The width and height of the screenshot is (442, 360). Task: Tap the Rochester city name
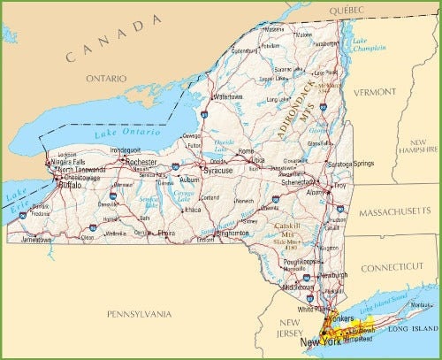point(142,163)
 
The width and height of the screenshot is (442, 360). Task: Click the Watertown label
point(227,96)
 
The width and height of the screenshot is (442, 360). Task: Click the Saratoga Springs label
point(352,165)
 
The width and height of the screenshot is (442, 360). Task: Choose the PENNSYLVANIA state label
point(141,313)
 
